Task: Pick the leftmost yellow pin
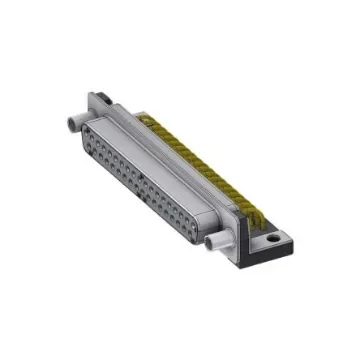point(150,118)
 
